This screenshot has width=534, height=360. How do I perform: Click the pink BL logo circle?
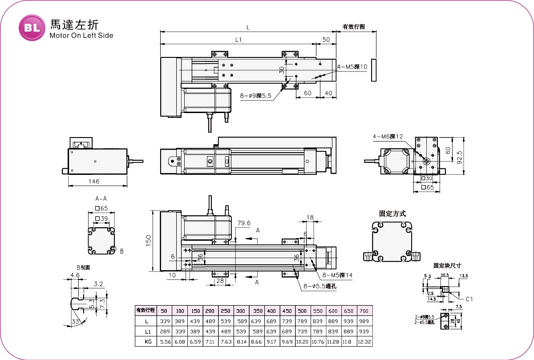(32, 27)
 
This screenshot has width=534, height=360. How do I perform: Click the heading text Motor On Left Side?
(81, 36)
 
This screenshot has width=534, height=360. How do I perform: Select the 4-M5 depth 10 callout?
(352, 67)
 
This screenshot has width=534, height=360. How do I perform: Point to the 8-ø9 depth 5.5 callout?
(255, 95)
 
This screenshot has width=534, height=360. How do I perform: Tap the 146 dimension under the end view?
(93, 181)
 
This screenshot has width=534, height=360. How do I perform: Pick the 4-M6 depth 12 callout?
(388, 137)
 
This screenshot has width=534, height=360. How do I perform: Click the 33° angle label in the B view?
(77, 321)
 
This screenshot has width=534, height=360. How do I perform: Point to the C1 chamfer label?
(469, 299)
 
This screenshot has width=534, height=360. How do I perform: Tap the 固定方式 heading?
(392, 214)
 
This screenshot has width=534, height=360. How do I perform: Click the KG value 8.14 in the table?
(241, 342)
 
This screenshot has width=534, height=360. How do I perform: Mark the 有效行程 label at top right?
(354, 27)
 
